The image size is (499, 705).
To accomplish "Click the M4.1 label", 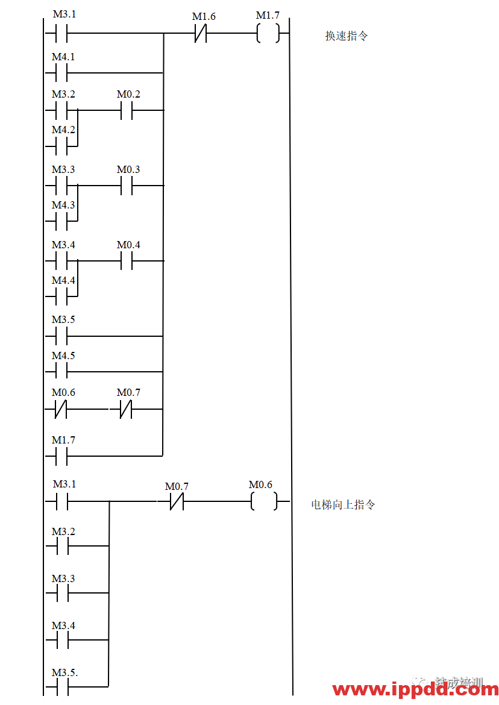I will click(64, 57).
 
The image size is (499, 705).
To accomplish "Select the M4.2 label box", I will click(64, 130).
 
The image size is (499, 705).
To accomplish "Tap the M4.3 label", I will click(64, 205).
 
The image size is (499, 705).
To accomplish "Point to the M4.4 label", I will click(64, 280).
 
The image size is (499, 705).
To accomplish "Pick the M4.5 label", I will click(64, 356).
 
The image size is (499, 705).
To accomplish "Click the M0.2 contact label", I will click(129, 95).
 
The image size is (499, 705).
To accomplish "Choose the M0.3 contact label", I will click(129, 170).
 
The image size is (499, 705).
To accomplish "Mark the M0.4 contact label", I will click(129, 245).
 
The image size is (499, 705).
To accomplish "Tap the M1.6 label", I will click(204, 17).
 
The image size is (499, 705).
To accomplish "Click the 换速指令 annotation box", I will click(359, 36).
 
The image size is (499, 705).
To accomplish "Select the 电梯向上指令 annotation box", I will click(351, 504).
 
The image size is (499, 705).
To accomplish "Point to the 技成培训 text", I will click(459, 683).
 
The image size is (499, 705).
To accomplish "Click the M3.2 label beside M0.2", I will click(64, 95).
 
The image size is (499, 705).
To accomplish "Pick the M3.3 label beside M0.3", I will click(64, 170).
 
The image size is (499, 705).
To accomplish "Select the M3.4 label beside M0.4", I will click(64, 245).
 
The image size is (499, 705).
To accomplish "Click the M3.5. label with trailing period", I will click(65, 672).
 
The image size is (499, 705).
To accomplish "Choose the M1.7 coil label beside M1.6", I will click(268, 16).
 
